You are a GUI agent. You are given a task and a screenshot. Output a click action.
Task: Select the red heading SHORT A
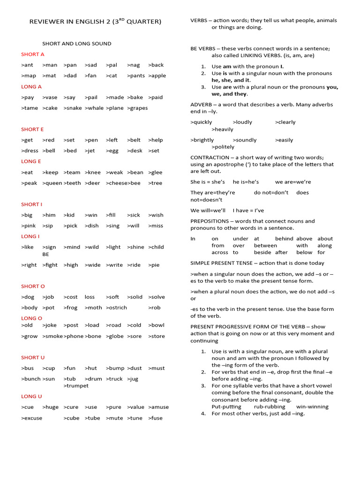point(33,54)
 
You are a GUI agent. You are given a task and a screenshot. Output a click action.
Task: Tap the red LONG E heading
point(31,161)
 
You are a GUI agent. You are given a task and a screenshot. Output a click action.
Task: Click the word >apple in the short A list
point(157,75)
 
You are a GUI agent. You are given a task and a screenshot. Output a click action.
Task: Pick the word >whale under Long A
point(94,108)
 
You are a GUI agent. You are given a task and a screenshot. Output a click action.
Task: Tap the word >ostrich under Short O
point(116,307)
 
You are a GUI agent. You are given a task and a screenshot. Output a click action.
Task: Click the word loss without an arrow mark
point(90,297)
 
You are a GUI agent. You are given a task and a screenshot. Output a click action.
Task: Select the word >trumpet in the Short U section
point(76,386)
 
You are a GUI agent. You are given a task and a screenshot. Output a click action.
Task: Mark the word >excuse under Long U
point(31,418)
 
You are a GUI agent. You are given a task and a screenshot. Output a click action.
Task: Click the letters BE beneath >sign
point(45,254)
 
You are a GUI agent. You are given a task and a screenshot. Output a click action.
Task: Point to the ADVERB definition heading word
point(202,104)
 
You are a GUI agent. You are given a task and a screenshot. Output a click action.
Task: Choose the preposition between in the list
point(265,245)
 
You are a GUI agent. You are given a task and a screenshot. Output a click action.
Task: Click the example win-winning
point(312,406)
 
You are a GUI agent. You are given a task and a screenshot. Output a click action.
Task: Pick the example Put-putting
point(226,406)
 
